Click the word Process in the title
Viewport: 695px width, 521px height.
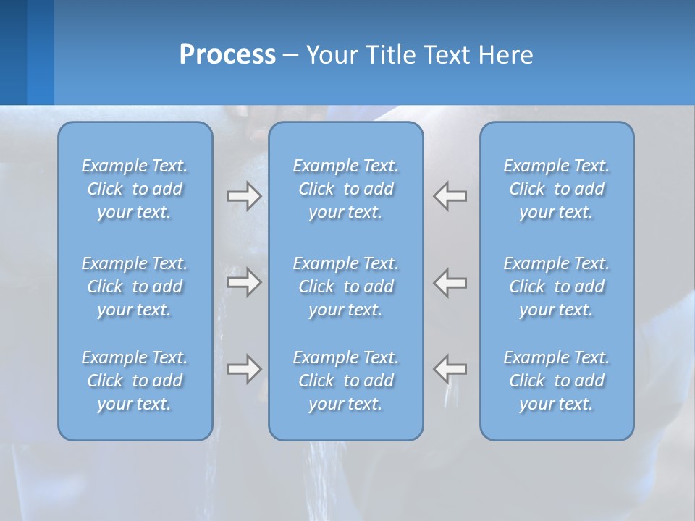click(227, 55)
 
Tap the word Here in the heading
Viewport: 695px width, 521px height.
click(505, 55)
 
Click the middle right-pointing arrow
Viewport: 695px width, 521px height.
click(244, 281)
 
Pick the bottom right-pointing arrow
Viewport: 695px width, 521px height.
click(244, 369)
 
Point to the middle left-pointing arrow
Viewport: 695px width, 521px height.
click(450, 281)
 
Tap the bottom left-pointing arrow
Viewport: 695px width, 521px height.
click(450, 369)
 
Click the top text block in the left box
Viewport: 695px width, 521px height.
click(135, 189)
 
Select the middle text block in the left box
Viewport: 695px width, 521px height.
click(135, 287)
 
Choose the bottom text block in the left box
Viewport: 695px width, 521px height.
click(135, 381)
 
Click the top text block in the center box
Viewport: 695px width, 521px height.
click(345, 189)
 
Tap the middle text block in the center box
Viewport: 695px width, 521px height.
click(345, 287)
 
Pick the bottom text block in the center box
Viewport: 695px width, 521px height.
click(345, 381)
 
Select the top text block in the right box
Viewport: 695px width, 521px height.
click(556, 189)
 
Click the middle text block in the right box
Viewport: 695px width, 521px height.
click(556, 287)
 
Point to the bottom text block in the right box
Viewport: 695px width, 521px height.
click(556, 381)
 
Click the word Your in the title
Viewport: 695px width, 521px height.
click(329, 55)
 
